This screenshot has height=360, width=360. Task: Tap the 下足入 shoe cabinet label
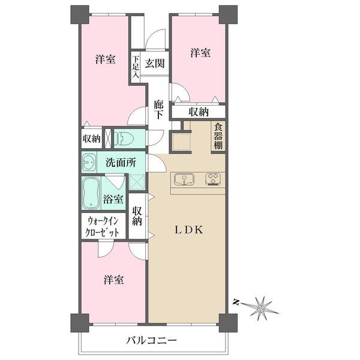[x=136, y=68]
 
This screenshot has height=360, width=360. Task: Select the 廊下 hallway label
[x=158, y=109]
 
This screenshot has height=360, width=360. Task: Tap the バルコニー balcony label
[x=151, y=341]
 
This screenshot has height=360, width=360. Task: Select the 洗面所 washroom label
[x=121, y=162]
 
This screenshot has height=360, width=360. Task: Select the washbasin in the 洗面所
[x=90, y=162]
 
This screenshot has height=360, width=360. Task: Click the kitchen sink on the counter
[x=183, y=178]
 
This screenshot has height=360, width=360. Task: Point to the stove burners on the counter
[x=212, y=178]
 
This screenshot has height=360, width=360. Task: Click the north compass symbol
[x=262, y=307]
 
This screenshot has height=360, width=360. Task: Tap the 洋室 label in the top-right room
[x=200, y=53]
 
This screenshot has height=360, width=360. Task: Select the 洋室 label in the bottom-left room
[x=113, y=280]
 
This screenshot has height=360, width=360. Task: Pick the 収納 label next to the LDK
[x=137, y=217]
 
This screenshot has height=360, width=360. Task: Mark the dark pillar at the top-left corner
[x=79, y=14]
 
